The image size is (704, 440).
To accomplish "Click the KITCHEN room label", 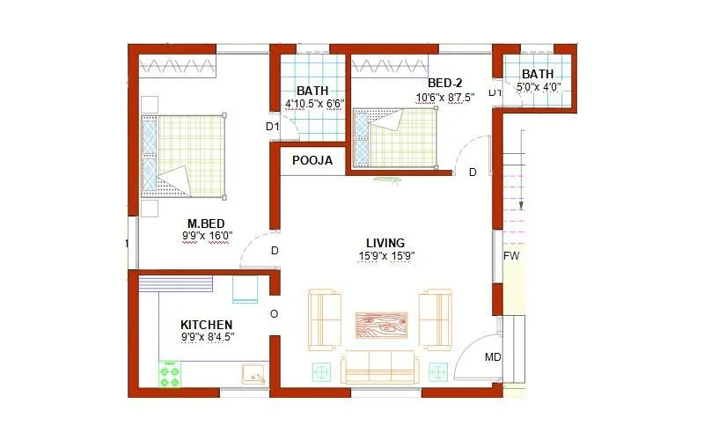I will point(207,325).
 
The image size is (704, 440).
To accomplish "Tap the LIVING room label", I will point(385,243).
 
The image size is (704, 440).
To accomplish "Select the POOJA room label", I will point(312,161).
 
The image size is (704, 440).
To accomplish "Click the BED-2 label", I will point(445,84).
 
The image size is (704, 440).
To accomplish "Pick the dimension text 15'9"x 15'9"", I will point(385,256).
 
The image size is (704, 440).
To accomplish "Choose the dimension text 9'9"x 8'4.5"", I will point(207,337).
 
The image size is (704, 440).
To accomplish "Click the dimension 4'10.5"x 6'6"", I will point(312,104).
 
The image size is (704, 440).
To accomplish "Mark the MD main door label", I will point(493,357).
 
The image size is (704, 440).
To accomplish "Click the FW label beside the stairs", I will point(510,256).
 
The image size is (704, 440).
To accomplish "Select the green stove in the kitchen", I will point(169,374).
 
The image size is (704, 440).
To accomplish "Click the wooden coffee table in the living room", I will point(381,324).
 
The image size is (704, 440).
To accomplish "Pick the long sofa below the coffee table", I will point(378,366).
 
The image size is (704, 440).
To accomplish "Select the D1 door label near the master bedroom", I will point(272,127).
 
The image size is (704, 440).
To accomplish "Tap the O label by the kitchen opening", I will point(274,314).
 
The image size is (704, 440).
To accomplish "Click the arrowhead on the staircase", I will point(521,205).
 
